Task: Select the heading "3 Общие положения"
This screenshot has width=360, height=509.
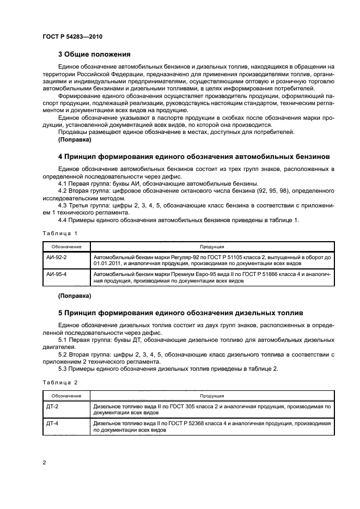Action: pos(94,54)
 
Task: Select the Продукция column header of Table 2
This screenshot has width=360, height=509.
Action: pos(212,396)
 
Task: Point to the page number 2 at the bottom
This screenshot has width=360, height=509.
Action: pos(44,462)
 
